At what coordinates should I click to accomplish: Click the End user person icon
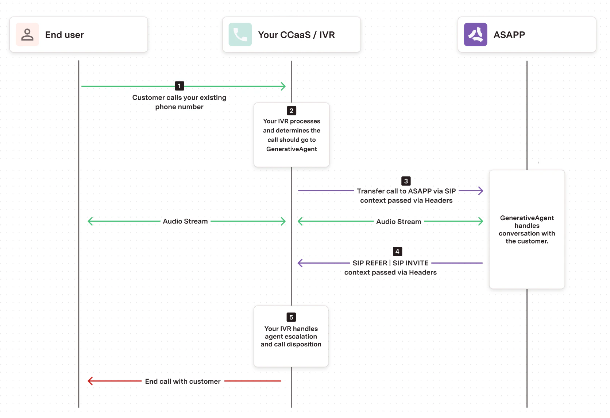(x=27, y=35)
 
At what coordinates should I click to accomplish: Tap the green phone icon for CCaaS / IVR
(x=240, y=35)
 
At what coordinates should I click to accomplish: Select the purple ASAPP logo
(x=475, y=35)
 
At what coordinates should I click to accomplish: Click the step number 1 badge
(x=179, y=86)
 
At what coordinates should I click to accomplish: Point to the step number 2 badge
(x=291, y=111)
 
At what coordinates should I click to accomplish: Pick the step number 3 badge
(x=406, y=181)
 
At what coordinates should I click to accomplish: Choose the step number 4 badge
(x=397, y=252)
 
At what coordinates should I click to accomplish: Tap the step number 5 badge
(x=291, y=317)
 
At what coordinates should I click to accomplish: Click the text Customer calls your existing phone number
(x=179, y=102)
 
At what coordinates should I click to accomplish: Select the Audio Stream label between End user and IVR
(x=185, y=221)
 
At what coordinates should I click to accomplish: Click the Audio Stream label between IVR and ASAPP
(x=398, y=222)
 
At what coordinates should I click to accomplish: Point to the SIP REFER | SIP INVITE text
(x=390, y=263)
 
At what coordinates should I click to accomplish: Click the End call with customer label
(x=183, y=381)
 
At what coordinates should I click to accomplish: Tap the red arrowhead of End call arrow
(x=90, y=381)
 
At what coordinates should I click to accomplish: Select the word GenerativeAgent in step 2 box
(x=292, y=149)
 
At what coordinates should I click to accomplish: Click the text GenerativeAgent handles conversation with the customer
(x=527, y=229)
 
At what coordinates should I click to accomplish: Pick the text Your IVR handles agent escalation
(x=291, y=333)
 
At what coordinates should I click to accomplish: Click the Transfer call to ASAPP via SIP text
(x=406, y=191)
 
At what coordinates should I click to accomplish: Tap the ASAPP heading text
(x=509, y=35)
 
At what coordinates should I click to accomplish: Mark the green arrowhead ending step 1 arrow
(x=283, y=87)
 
